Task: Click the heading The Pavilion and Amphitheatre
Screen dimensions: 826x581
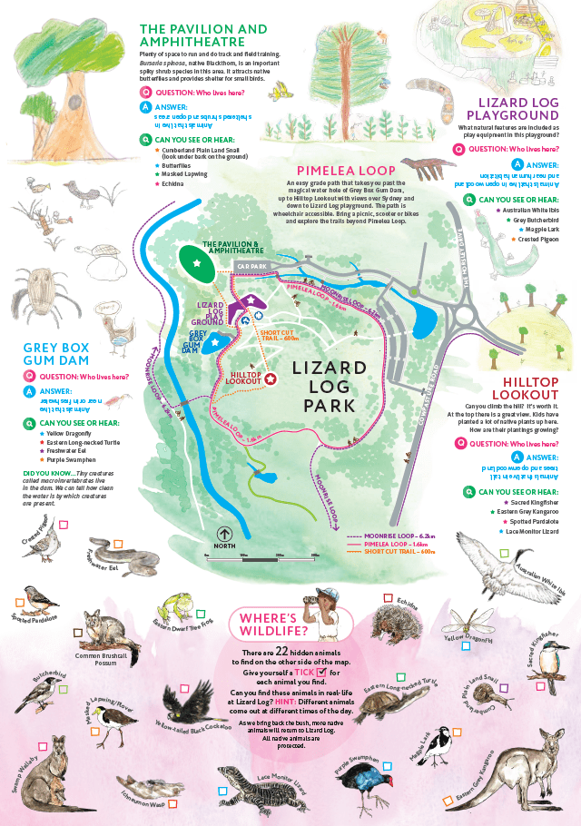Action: coord(191,34)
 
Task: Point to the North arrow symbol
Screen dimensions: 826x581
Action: coord(225,534)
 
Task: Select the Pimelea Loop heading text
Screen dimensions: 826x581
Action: coord(346,170)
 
